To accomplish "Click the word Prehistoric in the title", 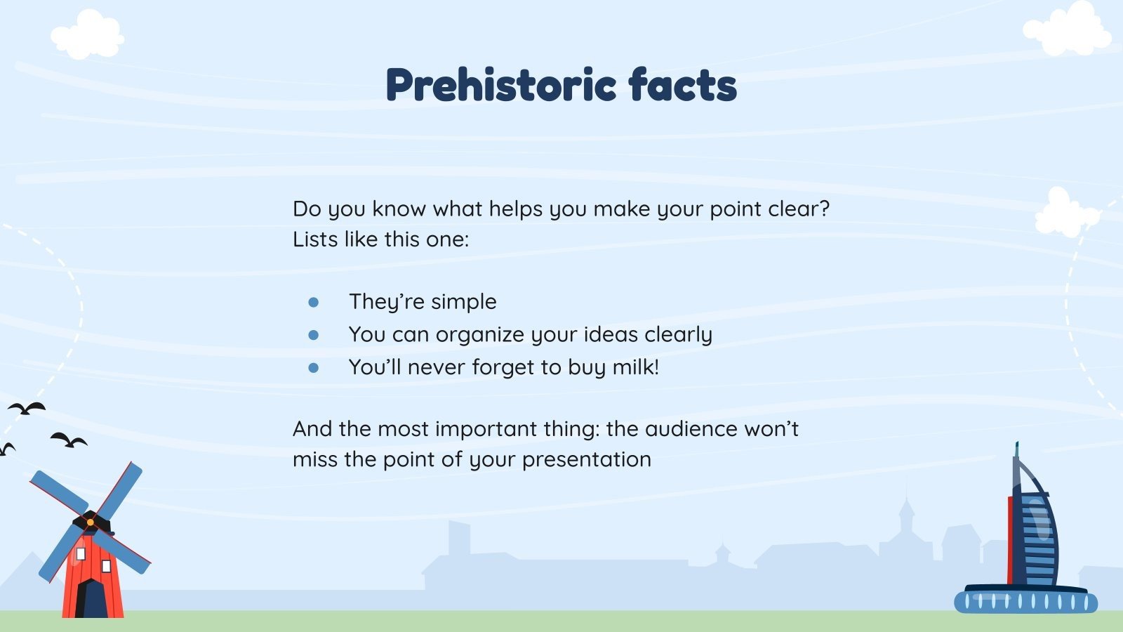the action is [x=501, y=85].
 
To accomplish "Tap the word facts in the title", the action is [x=683, y=85].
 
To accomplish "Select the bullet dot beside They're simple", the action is [x=313, y=302].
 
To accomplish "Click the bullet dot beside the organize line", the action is [x=313, y=335].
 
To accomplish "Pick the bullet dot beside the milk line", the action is [x=313, y=368].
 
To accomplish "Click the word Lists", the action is [x=315, y=239].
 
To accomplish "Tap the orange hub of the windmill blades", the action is [x=91, y=522].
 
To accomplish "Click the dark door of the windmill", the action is [x=91, y=599].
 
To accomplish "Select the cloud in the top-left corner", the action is [x=88, y=35].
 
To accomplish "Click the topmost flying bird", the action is [x=27, y=408].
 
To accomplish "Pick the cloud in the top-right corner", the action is [x=1067, y=29].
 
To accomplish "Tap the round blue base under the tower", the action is [x=1025, y=601].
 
